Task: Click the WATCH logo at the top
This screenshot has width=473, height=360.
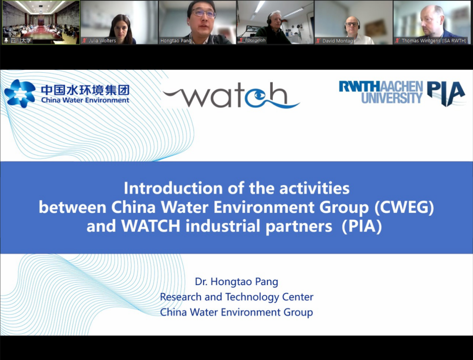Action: click(231, 95)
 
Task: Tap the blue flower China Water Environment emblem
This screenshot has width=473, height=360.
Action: click(20, 93)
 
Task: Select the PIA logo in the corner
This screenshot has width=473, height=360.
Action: click(446, 94)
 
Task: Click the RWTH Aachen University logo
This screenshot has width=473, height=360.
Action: click(381, 92)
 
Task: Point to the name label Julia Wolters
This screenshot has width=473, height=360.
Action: click(102, 40)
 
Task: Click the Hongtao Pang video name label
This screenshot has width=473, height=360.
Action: click(176, 40)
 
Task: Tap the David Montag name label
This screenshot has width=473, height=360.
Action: click(337, 41)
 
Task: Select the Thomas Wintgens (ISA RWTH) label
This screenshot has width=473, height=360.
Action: click(434, 40)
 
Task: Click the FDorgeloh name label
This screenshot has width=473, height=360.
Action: click(255, 40)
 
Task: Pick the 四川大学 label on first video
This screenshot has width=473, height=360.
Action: click(21, 40)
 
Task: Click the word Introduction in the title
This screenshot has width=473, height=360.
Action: click(173, 188)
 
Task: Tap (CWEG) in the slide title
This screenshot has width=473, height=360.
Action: click(404, 207)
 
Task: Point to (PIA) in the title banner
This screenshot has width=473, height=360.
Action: click(362, 226)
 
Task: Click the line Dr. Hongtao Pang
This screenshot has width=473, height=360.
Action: click(236, 282)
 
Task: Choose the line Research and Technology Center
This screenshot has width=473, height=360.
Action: click(236, 297)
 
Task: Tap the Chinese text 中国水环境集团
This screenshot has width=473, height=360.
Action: click(85, 90)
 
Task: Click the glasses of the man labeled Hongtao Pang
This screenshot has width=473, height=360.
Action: click(204, 13)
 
